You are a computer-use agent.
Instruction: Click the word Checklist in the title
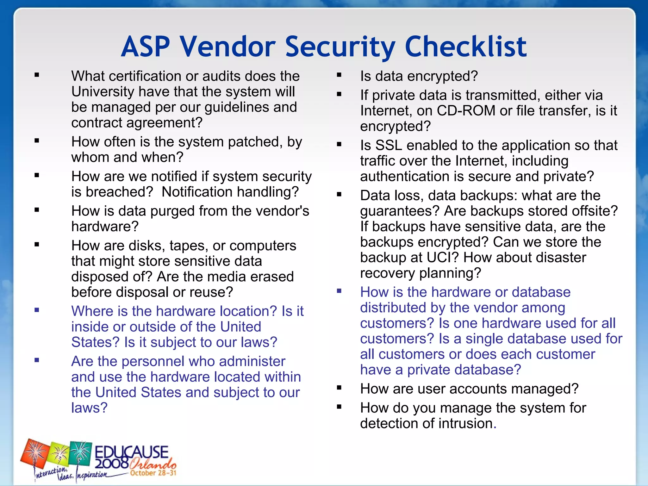coord(466,47)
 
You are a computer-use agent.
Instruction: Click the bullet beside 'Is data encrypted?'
coord(339,75)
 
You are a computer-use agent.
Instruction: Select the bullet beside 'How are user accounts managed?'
coord(339,388)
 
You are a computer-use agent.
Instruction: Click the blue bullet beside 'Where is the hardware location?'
coord(37,310)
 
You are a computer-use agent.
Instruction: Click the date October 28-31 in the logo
coord(153,473)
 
